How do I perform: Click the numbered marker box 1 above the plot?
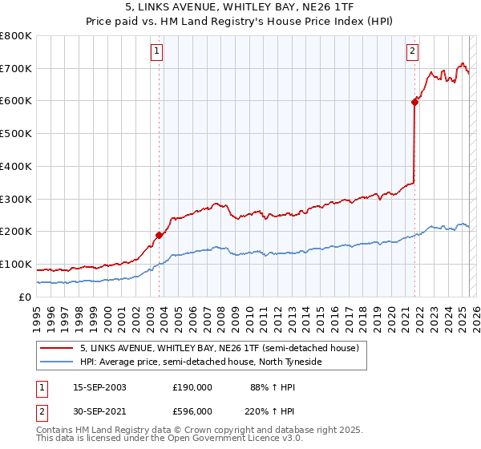point(157,53)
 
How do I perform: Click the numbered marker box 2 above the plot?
point(413,53)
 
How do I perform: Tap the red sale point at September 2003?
point(159,235)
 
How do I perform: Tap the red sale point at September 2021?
point(414,102)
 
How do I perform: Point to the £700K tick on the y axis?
point(16,69)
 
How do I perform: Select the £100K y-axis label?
point(16,264)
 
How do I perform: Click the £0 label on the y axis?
point(25,297)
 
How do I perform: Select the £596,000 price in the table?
point(192,411)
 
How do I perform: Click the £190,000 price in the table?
point(192,386)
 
